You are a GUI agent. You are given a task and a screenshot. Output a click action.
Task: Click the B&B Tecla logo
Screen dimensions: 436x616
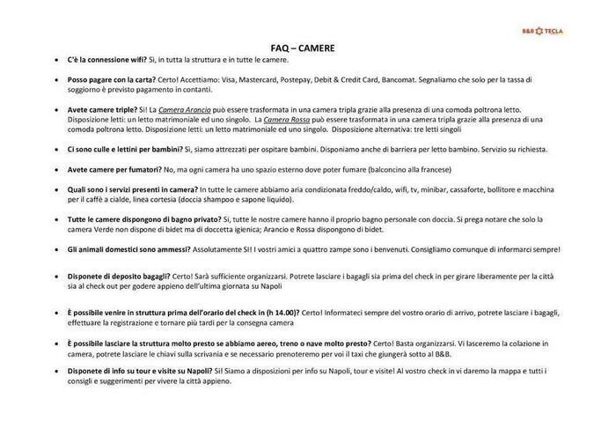[542, 31]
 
